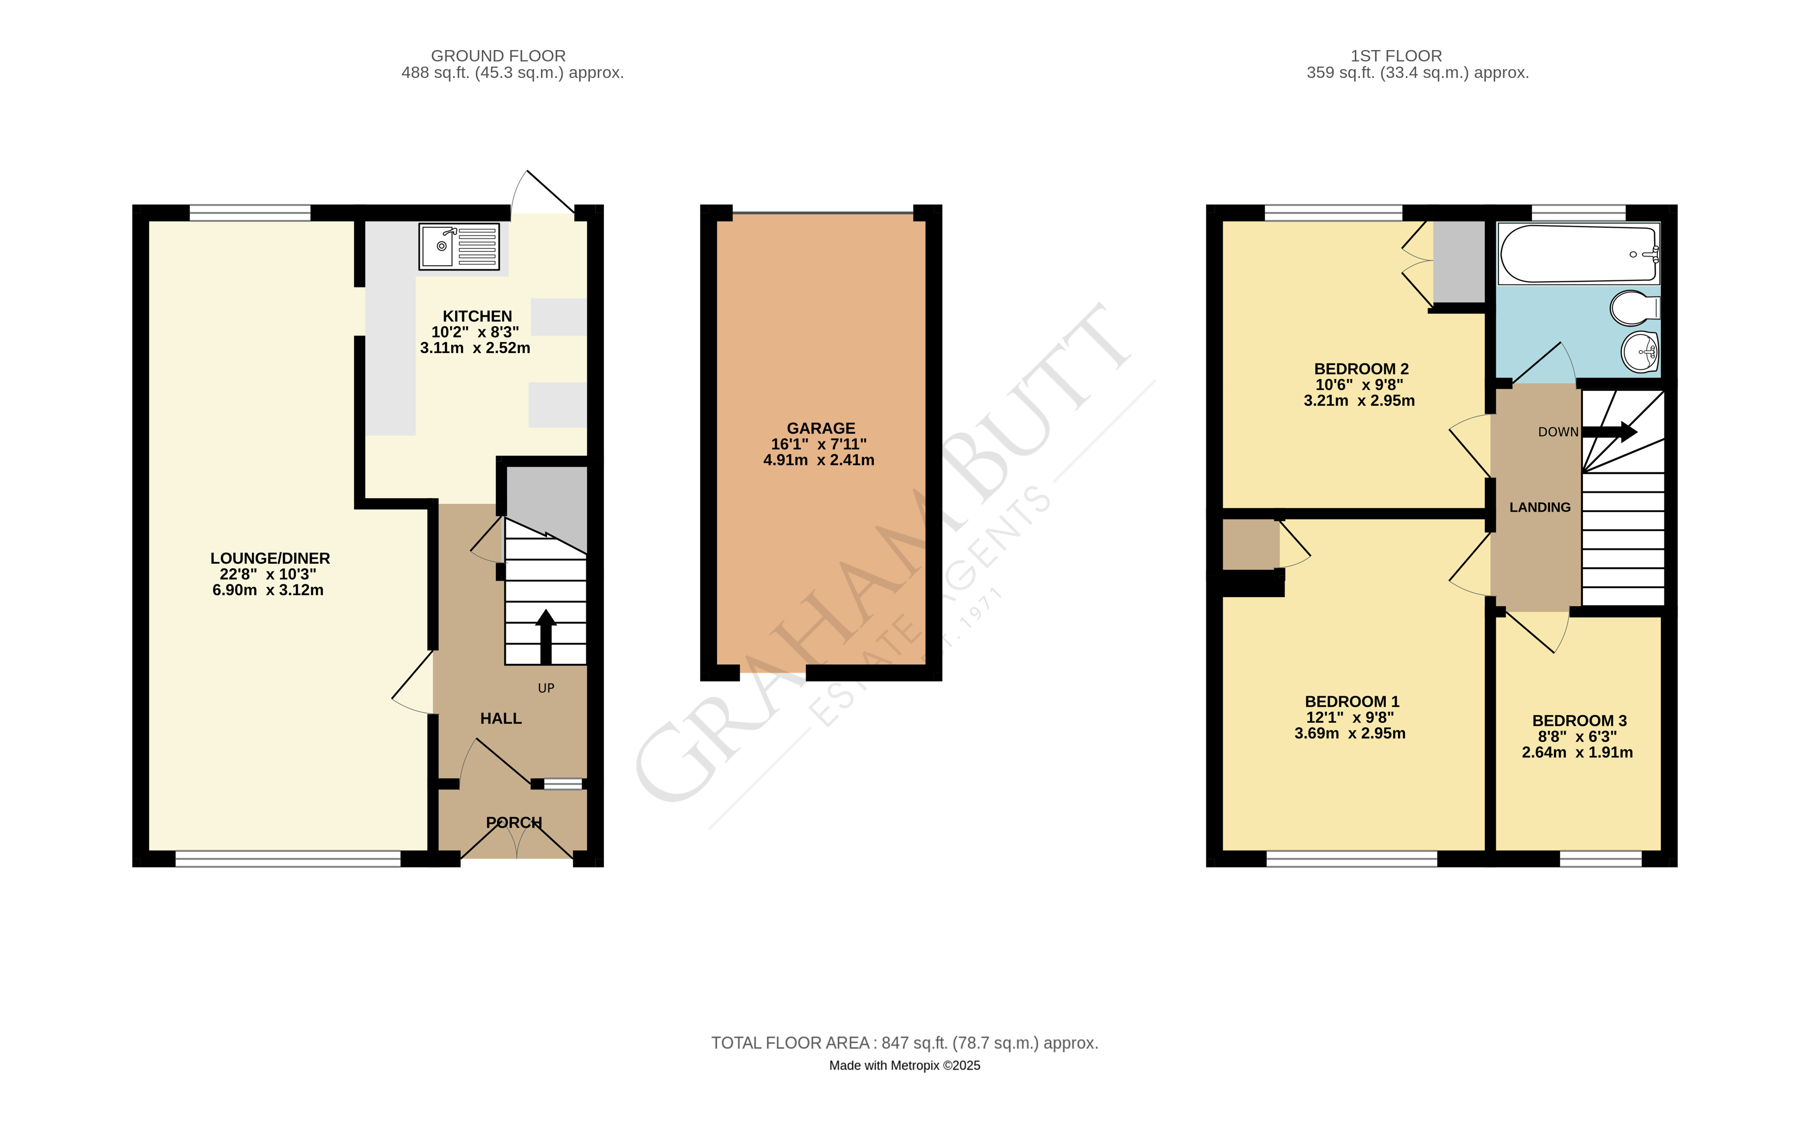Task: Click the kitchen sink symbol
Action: tap(458, 246)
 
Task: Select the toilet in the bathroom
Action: tap(1633, 307)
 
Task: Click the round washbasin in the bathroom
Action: tap(1639, 352)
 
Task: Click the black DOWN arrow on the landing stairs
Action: tap(1609, 432)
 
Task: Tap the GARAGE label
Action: tap(821, 427)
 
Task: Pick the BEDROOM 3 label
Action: tap(1579, 721)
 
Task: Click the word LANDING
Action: tap(1540, 507)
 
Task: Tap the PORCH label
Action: tap(514, 822)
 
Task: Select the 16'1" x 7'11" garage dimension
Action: tap(819, 444)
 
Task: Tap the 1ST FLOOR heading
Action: tap(1396, 56)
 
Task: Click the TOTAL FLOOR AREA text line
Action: tap(904, 1042)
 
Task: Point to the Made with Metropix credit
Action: tap(904, 1065)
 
